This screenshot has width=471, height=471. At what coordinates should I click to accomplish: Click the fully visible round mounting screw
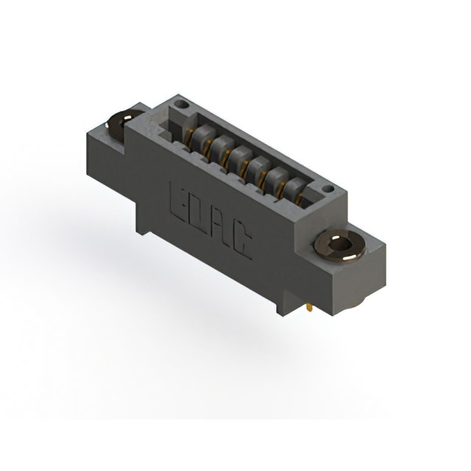(340, 247)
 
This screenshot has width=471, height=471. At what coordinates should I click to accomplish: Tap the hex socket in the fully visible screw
(339, 245)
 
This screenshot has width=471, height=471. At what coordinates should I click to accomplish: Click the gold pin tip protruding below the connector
(309, 308)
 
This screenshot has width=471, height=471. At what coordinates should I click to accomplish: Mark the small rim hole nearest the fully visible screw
(328, 189)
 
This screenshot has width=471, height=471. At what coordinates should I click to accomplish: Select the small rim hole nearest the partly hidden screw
(182, 105)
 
